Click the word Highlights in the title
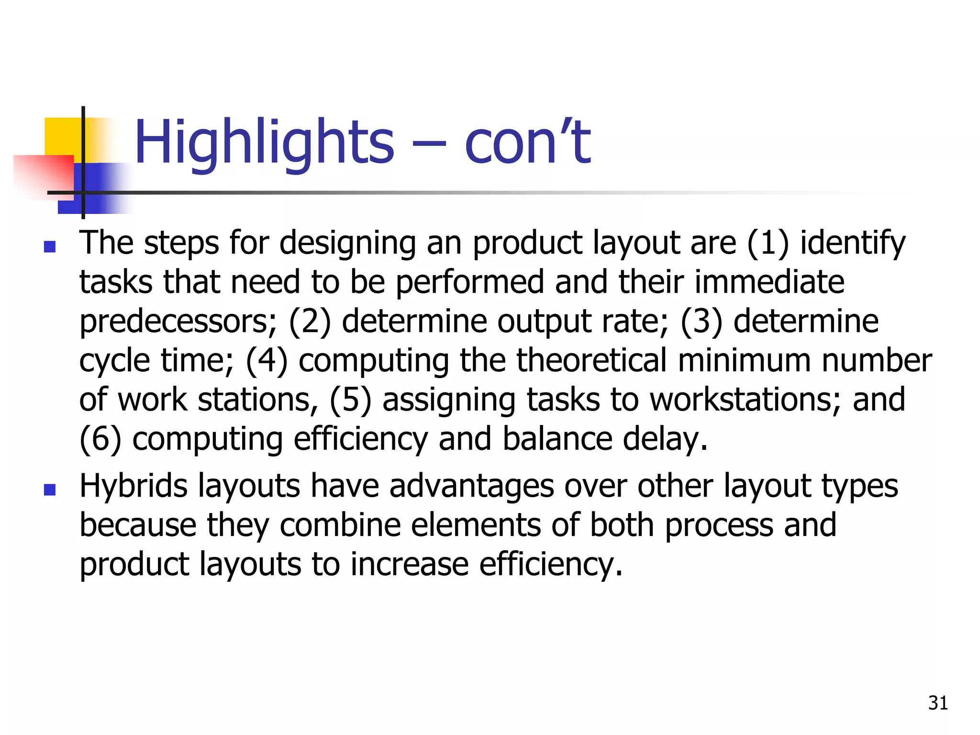[264, 143]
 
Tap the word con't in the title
[527, 143]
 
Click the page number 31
[938, 703]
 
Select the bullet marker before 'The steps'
[50, 247]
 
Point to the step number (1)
[768, 243]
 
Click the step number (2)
[310, 322]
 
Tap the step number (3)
[702, 322]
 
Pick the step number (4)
[267, 361]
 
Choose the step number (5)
[350, 400]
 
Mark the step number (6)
[100, 439]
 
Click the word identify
[853, 243]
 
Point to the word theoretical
[592, 361]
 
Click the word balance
[557, 439]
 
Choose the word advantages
[471, 486]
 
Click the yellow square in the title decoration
[62, 136]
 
